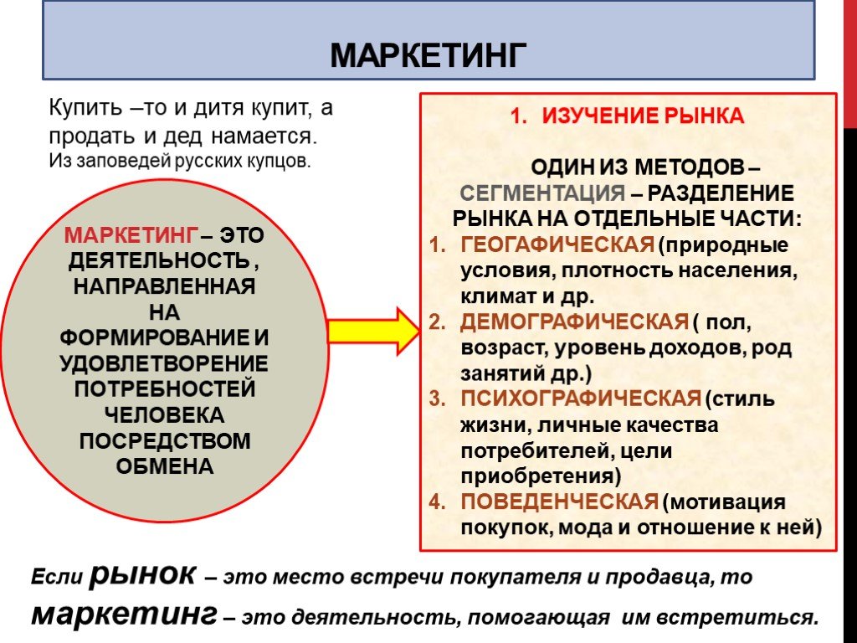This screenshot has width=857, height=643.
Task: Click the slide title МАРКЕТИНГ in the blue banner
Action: (x=428, y=54)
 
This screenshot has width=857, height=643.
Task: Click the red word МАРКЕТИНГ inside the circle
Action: (x=131, y=235)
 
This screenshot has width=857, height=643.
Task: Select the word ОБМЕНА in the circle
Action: (x=165, y=466)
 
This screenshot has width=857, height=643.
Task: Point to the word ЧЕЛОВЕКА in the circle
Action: (x=165, y=415)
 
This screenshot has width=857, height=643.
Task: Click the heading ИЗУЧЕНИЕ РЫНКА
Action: (x=643, y=116)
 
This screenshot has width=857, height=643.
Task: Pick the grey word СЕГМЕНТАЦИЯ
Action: (x=542, y=193)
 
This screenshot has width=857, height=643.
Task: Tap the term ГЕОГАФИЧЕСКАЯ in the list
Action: (x=557, y=244)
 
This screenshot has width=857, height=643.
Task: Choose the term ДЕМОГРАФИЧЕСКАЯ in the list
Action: (x=574, y=321)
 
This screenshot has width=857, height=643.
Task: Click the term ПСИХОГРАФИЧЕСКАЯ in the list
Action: (x=581, y=399)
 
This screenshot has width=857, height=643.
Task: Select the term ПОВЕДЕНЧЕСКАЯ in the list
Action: (x=560, y=502)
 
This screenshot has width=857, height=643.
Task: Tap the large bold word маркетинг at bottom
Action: (x=124, y=614)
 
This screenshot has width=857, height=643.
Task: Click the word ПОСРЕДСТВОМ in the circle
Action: (x=165, y=440)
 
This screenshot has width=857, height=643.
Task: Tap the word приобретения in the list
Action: (x=541, y=476)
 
